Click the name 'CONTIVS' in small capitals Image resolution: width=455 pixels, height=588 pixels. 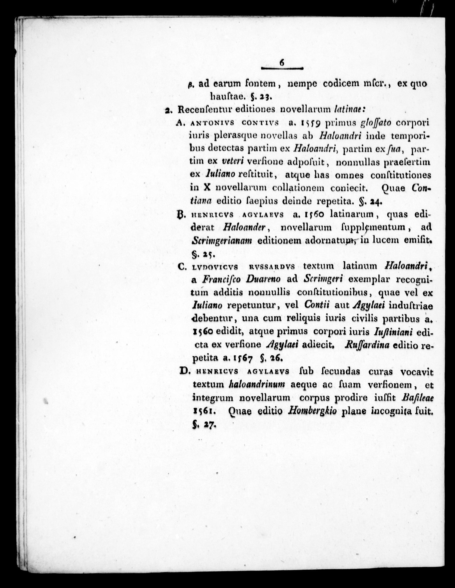click(260, 123)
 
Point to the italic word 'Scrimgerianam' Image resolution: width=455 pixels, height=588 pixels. click(222, 240)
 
